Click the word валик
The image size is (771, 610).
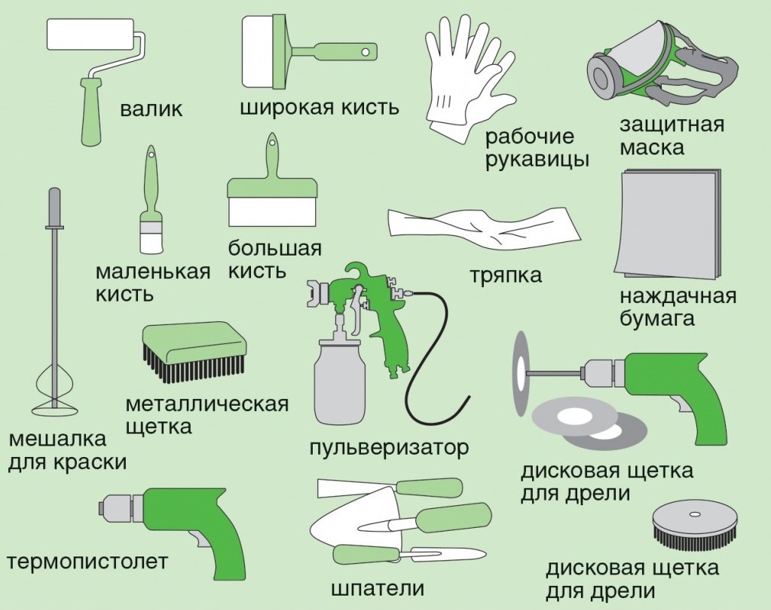(151, 109)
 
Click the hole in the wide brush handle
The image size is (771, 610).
(366, 51)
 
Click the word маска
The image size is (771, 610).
(651, 148)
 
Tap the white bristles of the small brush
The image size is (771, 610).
(151, 241)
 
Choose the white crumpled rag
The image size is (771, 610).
(484, 228)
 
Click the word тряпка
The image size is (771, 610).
(506, 275)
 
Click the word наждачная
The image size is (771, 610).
(678, 297)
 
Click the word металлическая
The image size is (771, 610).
(207, 405)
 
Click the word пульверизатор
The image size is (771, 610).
(389, 449)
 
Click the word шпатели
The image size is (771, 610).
(378, 588)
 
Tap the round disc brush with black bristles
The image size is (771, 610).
(694, 527)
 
